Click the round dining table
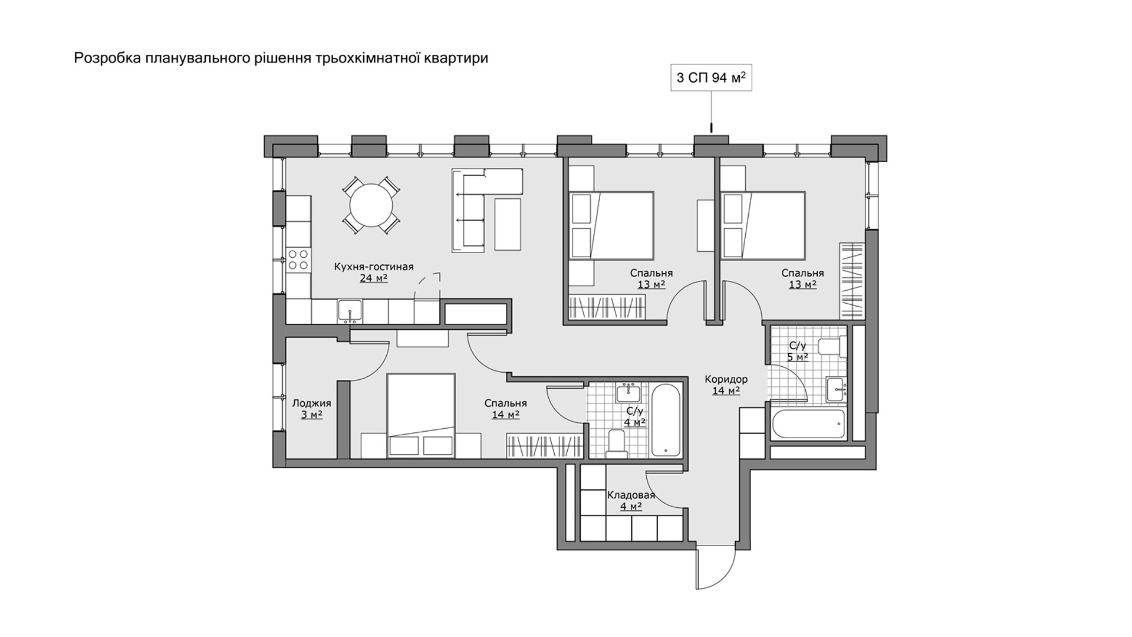coord(371,206)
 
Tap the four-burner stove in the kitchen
coord(298,260)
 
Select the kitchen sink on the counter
coord(350,311)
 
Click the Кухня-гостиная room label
coord(374,267)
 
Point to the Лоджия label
coord(311,403)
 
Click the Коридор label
coord(726,379)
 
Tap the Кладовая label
coord(631,495)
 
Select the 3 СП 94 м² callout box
coord(712,78)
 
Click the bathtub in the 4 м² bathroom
coord(666,420)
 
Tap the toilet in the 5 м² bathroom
coord(834,346)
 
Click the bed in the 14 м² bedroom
coord(421,415)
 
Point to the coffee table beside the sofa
coord(508,224)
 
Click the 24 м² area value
coord(374,278)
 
